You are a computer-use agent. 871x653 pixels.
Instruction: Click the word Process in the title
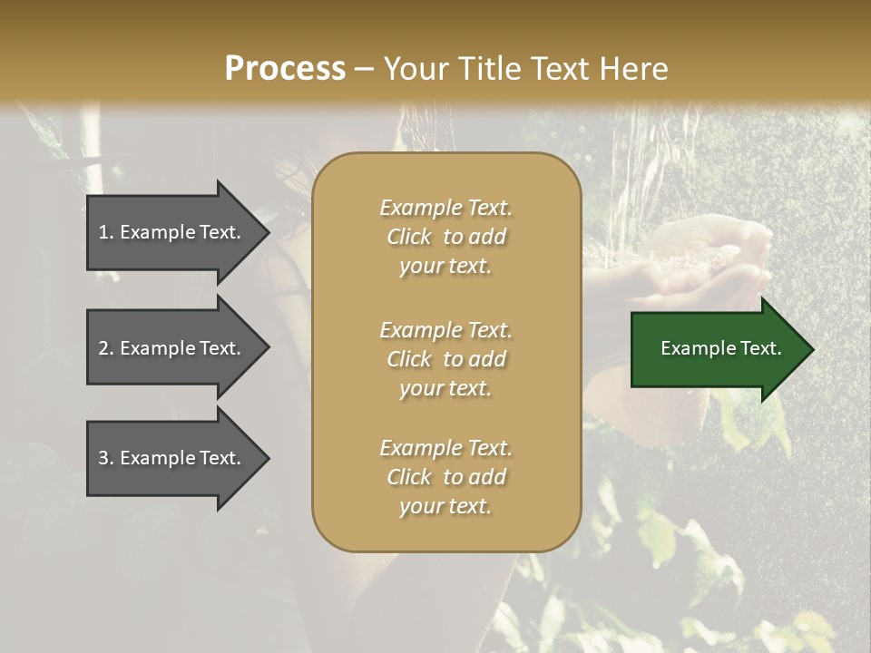285,69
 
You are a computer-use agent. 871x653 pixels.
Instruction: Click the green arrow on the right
717,349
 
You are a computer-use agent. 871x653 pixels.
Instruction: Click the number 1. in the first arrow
106,232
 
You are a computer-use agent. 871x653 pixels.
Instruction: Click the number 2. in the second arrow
106,348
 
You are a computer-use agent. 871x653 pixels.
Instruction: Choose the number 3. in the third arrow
106,458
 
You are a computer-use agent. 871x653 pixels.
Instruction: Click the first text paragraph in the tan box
445,237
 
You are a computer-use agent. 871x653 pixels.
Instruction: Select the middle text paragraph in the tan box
445,359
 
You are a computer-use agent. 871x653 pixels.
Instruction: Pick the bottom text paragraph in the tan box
445,477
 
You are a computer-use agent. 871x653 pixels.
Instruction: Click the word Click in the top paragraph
409,237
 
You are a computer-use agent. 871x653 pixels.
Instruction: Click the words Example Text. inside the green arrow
720,348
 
